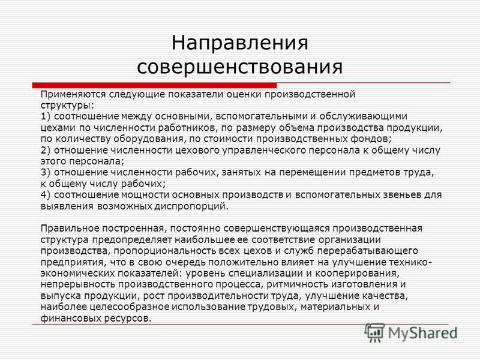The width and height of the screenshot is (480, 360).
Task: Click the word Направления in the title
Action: coord(239,43)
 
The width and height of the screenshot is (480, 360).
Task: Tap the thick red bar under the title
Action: coord(154,85)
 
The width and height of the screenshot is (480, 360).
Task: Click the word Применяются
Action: coord(73,95)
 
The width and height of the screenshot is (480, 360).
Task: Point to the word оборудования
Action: coord(149,139)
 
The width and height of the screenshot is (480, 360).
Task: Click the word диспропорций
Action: coord(191,206)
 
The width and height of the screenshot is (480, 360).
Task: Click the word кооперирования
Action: coord(357,274)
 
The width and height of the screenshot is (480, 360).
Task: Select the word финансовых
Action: coord(71,319)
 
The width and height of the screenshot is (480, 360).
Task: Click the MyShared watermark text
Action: coord(422,334)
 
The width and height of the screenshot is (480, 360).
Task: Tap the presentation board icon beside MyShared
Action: coord(374,333)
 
